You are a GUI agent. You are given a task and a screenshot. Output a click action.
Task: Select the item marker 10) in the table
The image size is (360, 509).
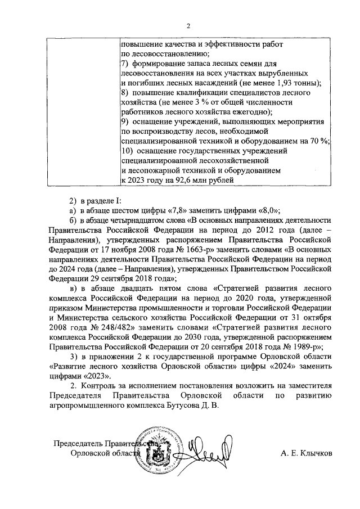[127, 151]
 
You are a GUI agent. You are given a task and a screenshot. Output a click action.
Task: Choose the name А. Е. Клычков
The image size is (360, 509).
[305, 453]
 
